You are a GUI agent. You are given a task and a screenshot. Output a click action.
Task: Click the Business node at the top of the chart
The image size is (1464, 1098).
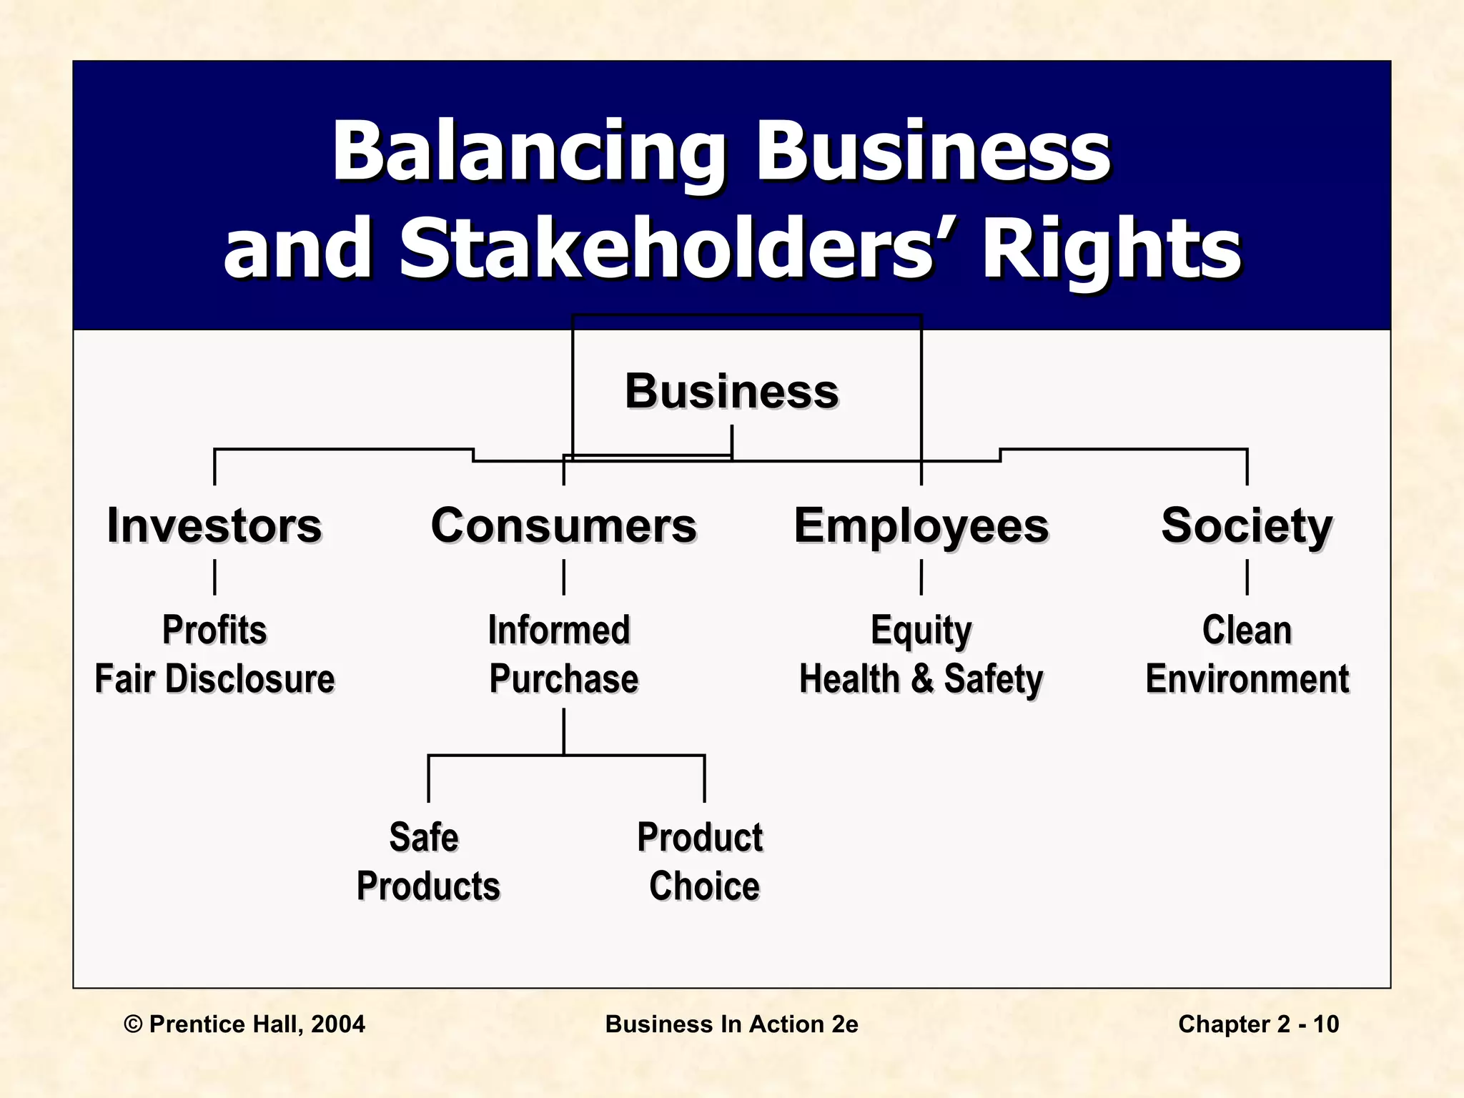731,391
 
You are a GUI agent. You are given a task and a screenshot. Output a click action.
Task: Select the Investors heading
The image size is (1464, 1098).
214,525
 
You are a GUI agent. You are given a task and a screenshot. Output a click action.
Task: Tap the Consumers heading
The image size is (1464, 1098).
563,525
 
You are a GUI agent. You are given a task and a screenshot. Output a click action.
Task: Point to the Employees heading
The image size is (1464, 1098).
921,525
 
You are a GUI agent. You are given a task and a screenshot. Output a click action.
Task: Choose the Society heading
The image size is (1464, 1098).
1247,525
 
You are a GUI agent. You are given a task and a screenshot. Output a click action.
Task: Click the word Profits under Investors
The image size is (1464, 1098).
214,630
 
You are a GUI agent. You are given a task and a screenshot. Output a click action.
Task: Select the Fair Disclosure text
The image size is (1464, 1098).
214,678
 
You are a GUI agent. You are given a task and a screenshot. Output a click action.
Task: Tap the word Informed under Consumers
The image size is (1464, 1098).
559,630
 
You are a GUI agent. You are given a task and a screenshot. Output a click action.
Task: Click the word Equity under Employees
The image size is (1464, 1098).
921,630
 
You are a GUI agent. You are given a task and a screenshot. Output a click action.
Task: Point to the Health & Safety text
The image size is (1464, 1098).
921,678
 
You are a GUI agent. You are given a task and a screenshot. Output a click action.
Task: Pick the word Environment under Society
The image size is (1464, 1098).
1247,678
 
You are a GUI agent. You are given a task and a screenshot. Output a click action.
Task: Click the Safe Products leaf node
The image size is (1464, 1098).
427,861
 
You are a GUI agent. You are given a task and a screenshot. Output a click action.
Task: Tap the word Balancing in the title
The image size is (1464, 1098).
529,152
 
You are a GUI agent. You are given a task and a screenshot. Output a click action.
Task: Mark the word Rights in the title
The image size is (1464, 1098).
1112,248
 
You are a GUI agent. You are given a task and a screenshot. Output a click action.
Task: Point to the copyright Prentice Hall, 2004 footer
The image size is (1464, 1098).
244,1024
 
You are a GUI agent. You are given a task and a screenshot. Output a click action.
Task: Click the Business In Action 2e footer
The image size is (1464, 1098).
731,1024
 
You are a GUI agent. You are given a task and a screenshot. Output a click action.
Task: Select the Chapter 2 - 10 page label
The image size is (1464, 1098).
1258,1024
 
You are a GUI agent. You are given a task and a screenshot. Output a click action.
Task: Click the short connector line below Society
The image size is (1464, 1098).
1247,577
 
